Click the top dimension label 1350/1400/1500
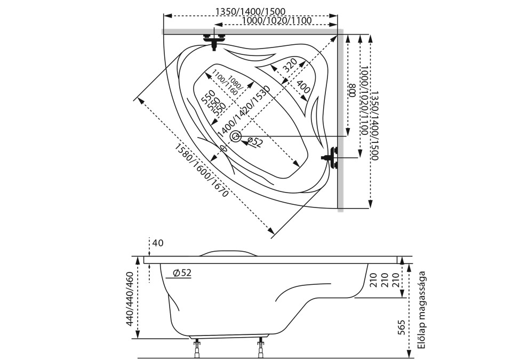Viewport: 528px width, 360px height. pos(250,11)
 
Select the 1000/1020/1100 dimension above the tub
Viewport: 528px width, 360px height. pos(276,21)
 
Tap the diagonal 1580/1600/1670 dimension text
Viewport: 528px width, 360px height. pos(202,170)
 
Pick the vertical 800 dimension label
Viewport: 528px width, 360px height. pos(352,91)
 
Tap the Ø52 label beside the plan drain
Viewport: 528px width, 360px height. pos(254,142)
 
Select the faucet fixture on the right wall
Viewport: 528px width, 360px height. pos(332,158)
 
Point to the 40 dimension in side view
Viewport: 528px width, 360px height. pos(158,243)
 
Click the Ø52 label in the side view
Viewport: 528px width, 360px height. pos(182,273)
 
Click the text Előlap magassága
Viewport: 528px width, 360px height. pos(421,310)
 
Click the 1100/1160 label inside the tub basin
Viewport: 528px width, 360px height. pos(224,83)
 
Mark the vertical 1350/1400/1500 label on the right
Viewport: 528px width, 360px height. pos(374,126)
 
